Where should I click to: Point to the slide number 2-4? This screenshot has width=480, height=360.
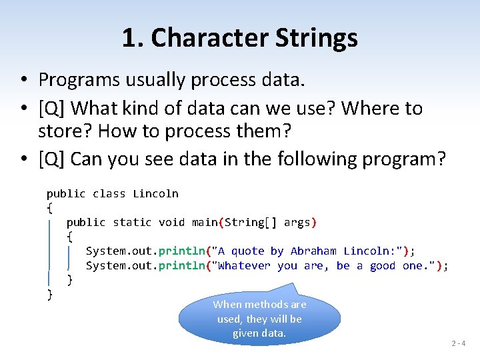click(459, 343)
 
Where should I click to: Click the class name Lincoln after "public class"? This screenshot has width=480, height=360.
click(155, 194)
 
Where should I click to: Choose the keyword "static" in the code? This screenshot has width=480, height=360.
click(132, 223)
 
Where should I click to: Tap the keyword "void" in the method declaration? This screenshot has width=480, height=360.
click(171, 223)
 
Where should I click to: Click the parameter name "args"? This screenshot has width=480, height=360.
click(297, 223)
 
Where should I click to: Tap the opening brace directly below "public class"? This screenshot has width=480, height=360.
click(49, 208)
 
